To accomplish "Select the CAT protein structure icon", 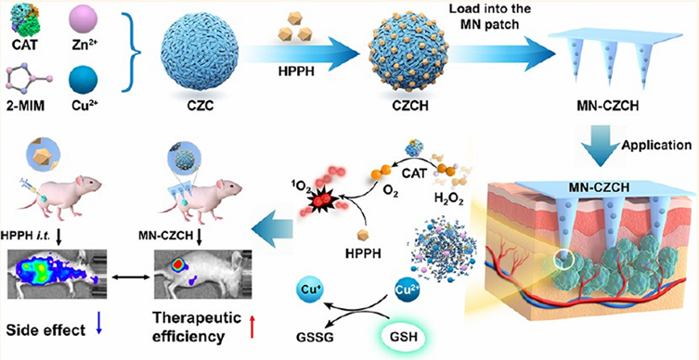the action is click(21, 18).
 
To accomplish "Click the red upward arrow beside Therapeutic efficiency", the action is click(253, 327).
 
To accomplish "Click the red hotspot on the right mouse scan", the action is click(178, 264).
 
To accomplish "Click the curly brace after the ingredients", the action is click(131, 54).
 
